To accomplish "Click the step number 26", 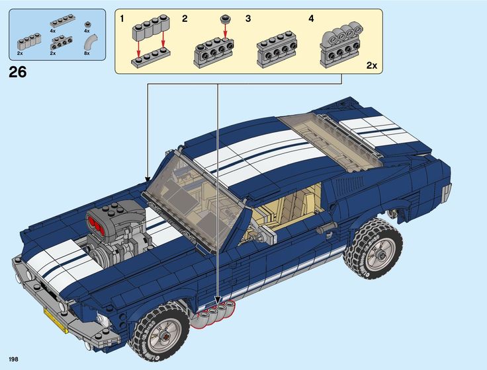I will (18, 73).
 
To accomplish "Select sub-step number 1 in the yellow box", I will (122, 18).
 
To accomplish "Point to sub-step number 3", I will (248, 18).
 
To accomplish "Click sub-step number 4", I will (311, 18).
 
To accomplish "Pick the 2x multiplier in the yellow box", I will (371, 65).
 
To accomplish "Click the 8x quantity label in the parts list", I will (87, 53).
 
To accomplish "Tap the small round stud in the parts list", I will (87, 23).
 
